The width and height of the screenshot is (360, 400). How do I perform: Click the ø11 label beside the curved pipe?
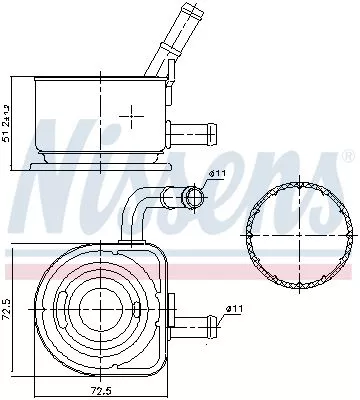tap(218, 177)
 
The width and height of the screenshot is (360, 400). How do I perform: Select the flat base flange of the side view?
tap(96, 161)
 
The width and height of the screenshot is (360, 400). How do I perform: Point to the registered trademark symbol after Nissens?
tap(347, 157)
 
